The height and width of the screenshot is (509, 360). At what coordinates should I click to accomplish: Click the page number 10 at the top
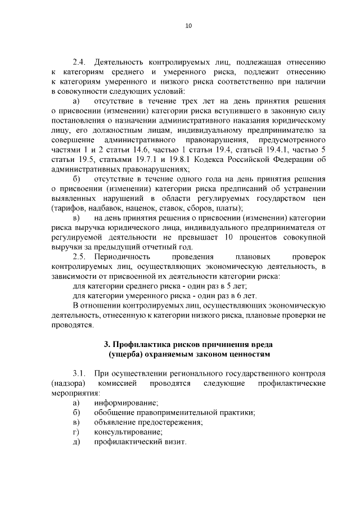coord(188,25)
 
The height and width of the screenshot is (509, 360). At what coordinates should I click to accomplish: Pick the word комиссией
coord(117,384)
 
